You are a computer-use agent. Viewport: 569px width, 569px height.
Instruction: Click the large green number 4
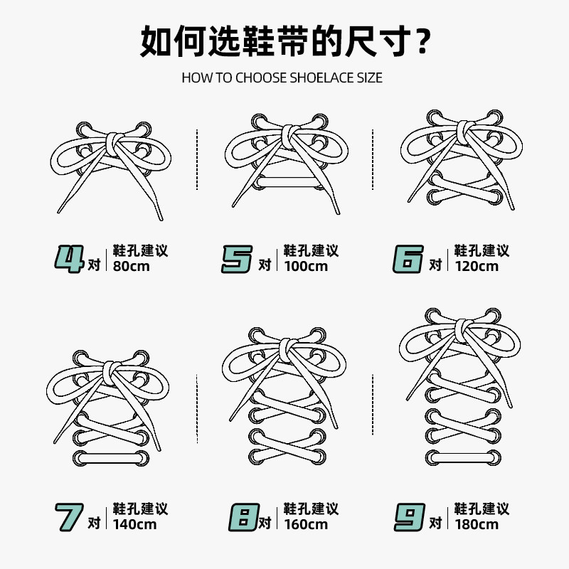70,258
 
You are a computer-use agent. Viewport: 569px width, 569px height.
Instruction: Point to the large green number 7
70,517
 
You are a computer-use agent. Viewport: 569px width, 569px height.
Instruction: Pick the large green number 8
242,517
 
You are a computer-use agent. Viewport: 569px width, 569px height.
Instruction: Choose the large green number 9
409,517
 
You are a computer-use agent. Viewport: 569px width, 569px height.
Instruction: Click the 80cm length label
131,267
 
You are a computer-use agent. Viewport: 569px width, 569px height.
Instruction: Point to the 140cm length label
134,525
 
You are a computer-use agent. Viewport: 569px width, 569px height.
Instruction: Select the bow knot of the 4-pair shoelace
114,142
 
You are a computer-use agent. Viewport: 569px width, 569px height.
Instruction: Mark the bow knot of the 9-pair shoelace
463,329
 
